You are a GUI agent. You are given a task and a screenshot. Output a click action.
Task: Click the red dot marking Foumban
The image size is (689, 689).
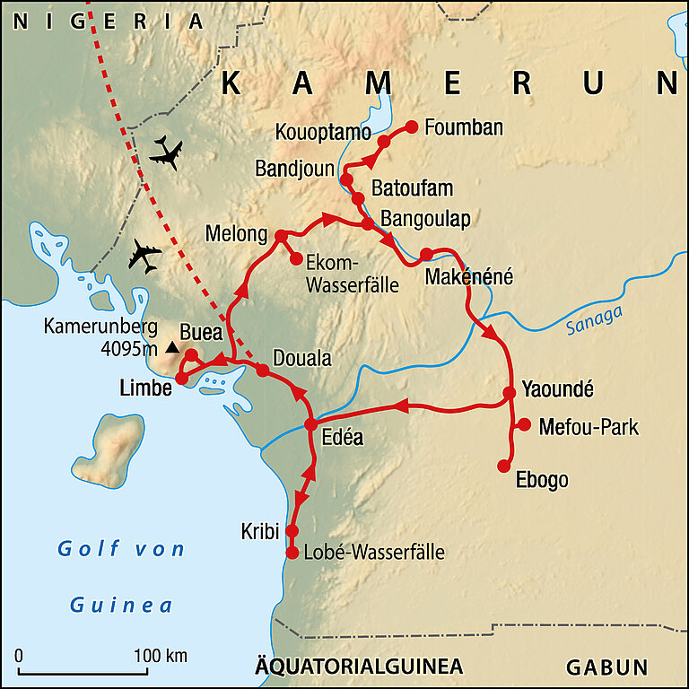pos(413,126)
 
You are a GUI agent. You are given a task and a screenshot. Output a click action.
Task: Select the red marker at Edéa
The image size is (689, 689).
pos(311,424)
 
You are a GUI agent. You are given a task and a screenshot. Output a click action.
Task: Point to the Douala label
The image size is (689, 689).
pos(301,359)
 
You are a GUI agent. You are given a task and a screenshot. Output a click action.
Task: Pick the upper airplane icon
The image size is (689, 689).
pos(166,153)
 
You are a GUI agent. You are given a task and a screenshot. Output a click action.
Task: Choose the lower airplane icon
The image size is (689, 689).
pos(144,256)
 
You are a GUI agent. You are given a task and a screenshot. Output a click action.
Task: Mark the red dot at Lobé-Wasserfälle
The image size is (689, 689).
pos(292,553)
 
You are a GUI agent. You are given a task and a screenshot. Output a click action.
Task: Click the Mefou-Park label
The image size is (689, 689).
pos(589,427)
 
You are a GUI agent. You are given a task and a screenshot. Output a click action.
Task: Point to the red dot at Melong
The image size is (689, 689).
pos(280,235)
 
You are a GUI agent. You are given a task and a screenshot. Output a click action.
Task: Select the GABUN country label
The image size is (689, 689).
pos(606,667)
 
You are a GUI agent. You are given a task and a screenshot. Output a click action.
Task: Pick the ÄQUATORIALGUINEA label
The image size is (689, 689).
pos(359,667)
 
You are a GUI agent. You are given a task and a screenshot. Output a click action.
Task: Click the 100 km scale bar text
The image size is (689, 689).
pos(161,656)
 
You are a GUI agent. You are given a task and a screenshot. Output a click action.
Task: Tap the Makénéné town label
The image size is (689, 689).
pos(468,277)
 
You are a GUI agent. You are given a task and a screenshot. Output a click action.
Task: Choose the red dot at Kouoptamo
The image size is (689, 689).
pos(383,141)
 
